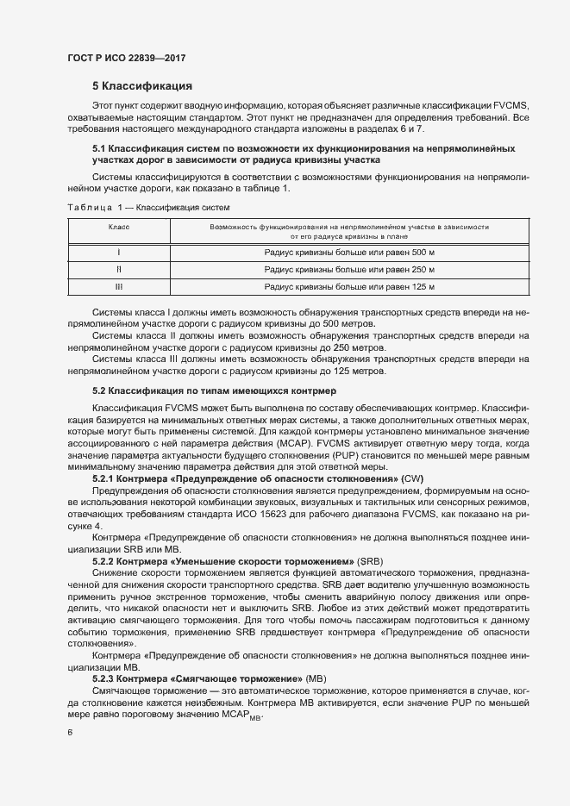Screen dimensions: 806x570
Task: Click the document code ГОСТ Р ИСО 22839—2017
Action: [126, 59]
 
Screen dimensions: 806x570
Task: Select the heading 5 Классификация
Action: [142, 86]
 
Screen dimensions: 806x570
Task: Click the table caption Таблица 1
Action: [94, 208]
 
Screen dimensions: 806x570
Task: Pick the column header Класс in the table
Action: [118, 227]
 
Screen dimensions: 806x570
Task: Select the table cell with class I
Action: [118, 252]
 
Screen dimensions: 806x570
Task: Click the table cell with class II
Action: [118, 269]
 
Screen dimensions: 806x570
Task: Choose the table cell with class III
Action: [118, 286]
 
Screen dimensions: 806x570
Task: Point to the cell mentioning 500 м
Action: [349, 252]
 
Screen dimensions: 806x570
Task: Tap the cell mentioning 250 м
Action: [349, 269]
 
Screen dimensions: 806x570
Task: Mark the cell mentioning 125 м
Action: [349, 286]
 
